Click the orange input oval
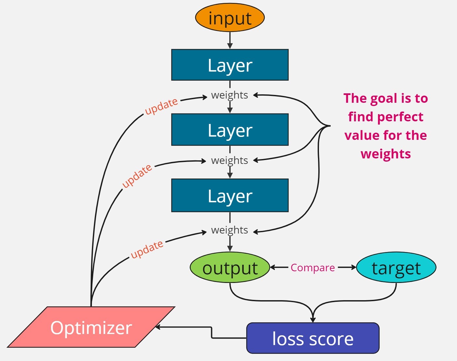pos(230,18)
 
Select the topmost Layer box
pos(230,65)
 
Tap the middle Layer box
pos(230,130)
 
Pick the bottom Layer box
pos(230,195)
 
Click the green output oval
pos(230,268)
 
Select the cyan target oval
pos(396,268)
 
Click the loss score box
pos(312,338)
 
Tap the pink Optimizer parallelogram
pos(91,327)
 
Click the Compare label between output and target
pos(312,268)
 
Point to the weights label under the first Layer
pos(229,95)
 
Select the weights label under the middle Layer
pos(229,160)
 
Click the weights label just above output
pos(229,230)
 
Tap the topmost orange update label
pos(161,106)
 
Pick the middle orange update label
pos(137,176)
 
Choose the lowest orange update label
pos(147,249)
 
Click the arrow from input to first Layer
pos(230,40)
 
